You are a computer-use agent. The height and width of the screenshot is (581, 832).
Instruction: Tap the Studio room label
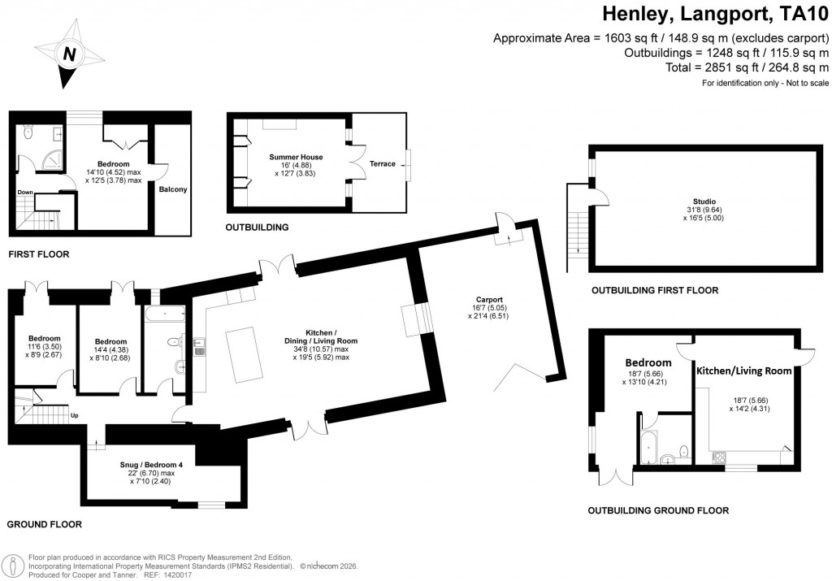(x=704, y=202)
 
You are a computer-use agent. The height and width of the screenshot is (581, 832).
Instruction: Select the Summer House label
(x=296, y=157)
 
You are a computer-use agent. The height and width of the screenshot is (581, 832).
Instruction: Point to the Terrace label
(x=382, y=164)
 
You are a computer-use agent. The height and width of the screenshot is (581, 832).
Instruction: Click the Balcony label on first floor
(x=173, y=189)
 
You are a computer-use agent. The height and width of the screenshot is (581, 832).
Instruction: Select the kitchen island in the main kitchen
(x=243, y=354)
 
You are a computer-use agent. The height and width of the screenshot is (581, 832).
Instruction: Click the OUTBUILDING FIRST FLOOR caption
(x=654, y=290)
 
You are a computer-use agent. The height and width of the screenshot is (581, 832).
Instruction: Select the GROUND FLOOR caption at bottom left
(x=45, y=524)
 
